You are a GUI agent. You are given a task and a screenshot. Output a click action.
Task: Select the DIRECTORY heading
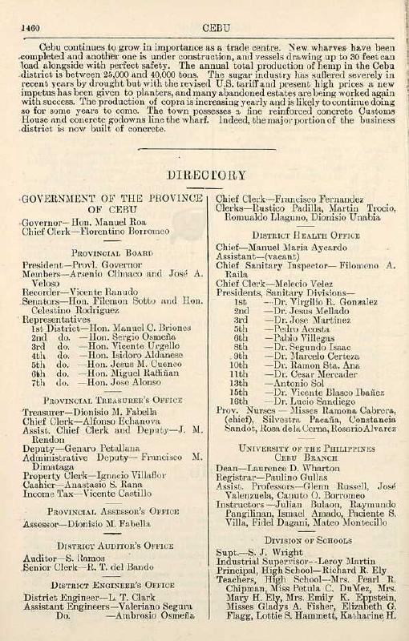206,175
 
